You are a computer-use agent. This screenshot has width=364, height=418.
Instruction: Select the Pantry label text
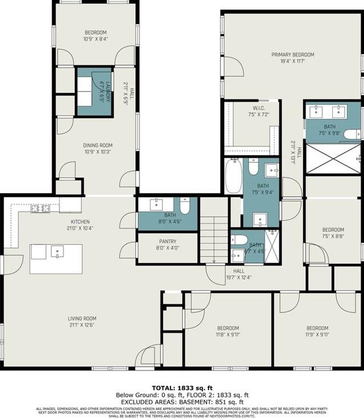point(167,244)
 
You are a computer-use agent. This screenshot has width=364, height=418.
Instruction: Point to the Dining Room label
point(95,149)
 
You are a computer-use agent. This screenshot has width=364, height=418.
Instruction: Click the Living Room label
point(82,322)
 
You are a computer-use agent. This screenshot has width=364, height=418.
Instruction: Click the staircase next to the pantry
point(213,240)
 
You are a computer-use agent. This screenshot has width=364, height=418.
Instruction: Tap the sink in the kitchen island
point(58,252)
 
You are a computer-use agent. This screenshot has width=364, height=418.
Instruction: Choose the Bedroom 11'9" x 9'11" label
point(317,331)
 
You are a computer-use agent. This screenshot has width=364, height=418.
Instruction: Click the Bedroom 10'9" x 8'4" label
point(95,36)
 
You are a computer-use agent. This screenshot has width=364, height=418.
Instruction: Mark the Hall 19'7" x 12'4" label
point(238,274)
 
